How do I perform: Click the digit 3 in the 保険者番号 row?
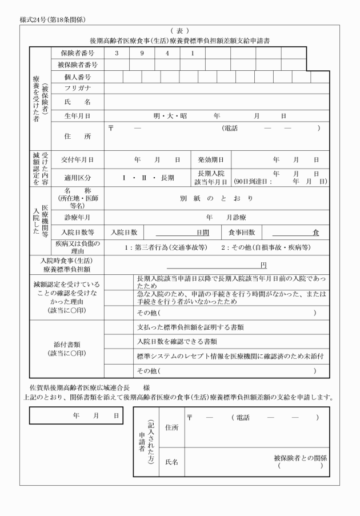117,53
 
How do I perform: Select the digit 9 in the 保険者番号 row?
142,53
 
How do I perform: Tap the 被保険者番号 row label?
78,65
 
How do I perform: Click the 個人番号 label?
78,77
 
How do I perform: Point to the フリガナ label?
78,89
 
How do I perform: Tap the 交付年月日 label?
78,159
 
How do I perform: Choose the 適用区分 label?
78,177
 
